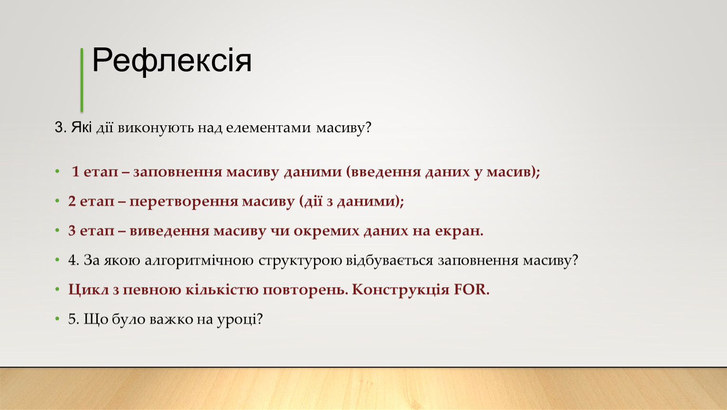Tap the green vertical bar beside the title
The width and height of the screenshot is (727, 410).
(x=82, y=80)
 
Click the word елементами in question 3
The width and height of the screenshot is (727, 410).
(x=268, y=128)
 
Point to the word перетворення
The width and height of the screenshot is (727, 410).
(x=184, y=202)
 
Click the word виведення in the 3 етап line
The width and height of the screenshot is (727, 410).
(x=169, y=231)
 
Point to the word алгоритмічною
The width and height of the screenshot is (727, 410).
(x=199, y=261)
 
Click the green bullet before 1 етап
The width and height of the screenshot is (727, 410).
(x=57, y=171)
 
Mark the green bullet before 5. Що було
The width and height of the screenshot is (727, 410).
(x=57, y=319)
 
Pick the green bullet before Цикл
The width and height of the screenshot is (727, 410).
(x=57, y=289)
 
